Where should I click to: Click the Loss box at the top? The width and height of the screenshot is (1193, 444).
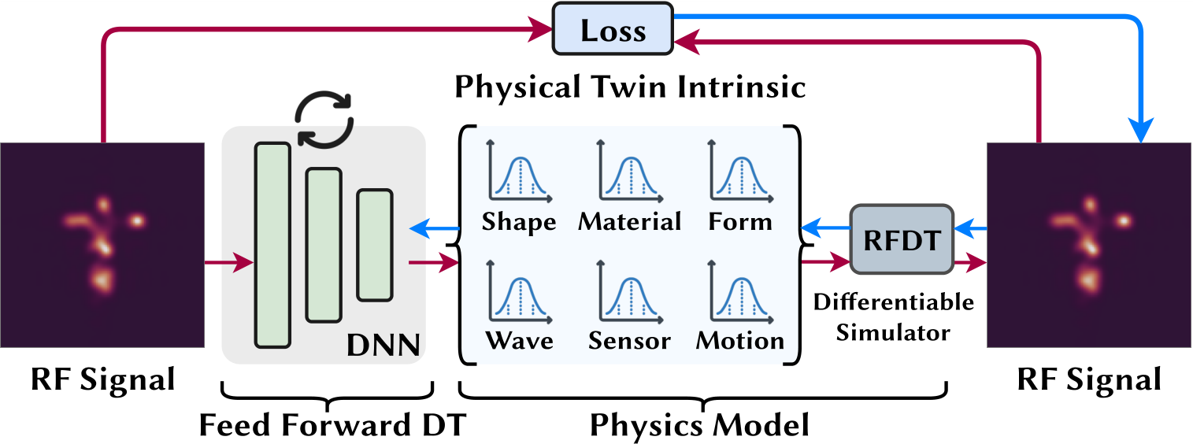coord(613,31)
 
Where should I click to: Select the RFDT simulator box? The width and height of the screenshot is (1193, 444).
coord(902,240)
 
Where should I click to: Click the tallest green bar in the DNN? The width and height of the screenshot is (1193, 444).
coord(272,244)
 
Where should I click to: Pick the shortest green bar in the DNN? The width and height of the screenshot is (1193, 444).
coord(375,245)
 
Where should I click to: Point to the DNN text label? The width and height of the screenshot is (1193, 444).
coord(384,343)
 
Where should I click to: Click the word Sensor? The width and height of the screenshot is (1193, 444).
coord(629,341)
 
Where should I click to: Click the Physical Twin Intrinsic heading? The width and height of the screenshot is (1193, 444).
coord(630,87)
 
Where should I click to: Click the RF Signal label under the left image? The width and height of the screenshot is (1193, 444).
coord(102,380)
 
